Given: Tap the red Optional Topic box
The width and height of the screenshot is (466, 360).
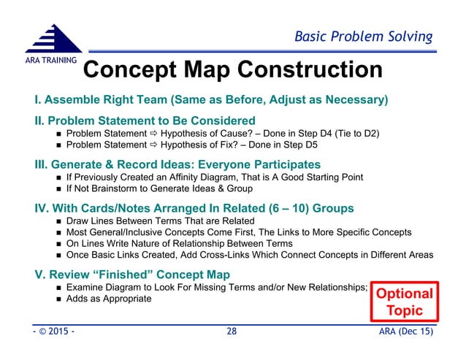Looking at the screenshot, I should [x=404, y=302].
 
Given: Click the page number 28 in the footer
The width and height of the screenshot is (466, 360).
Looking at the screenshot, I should [x=232, y=332].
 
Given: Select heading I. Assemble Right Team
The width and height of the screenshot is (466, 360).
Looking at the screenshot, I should [x=210, y=99].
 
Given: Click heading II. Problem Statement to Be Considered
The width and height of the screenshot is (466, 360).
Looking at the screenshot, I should [x=145, y=120].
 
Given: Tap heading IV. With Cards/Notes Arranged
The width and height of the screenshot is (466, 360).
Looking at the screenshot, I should [x=194, y=208].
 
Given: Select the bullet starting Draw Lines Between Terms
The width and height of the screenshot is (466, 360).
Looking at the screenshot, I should [x=159, y=221].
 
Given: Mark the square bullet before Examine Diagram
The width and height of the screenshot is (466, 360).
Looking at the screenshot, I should [x=58, y=288].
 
